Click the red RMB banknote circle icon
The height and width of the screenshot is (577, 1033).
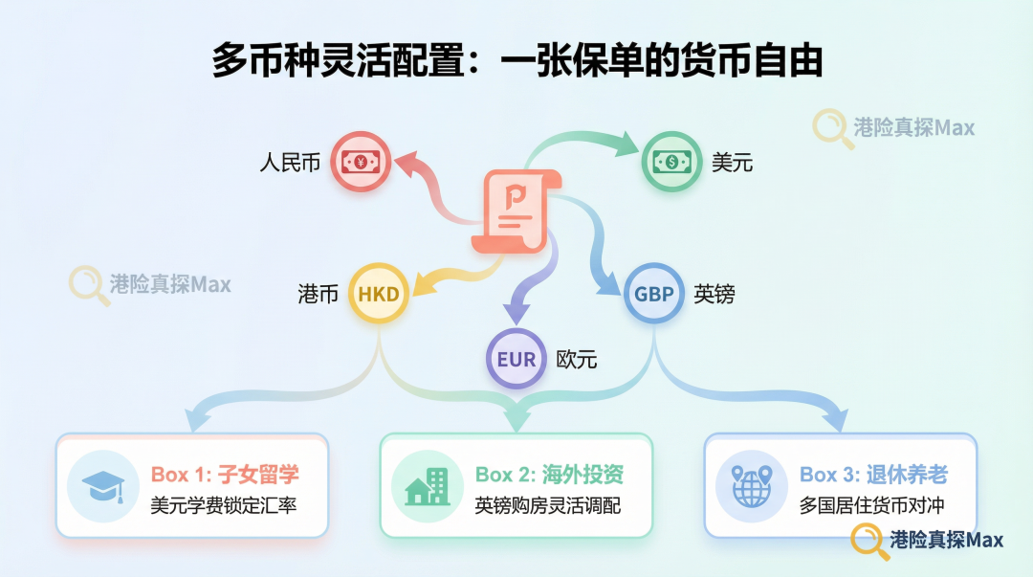[360, 162]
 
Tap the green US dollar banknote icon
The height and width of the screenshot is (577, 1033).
[671, 162]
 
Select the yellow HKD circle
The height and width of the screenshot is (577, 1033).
[378, 295]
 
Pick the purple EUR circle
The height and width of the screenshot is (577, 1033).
[516, 360]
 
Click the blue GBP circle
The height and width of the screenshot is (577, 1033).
[654, 295]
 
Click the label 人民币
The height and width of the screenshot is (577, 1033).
[290, 163]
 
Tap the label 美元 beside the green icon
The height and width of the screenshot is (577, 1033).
[732, 163]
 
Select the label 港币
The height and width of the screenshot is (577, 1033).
[319, 295]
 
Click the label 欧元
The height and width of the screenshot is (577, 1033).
[577, 360]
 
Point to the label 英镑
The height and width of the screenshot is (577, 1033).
[714, 295]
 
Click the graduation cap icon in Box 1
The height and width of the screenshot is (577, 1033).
[102, 485]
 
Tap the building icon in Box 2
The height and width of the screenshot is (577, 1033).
[427, 485]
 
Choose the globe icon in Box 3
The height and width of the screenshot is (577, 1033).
[751, 485]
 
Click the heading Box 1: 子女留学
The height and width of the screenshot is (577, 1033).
[226, 474]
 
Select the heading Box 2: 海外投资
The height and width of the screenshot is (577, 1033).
[550, 474]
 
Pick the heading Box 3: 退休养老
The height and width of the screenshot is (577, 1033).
[873, 474]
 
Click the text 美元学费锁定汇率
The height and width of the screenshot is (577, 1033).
[223, 505]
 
